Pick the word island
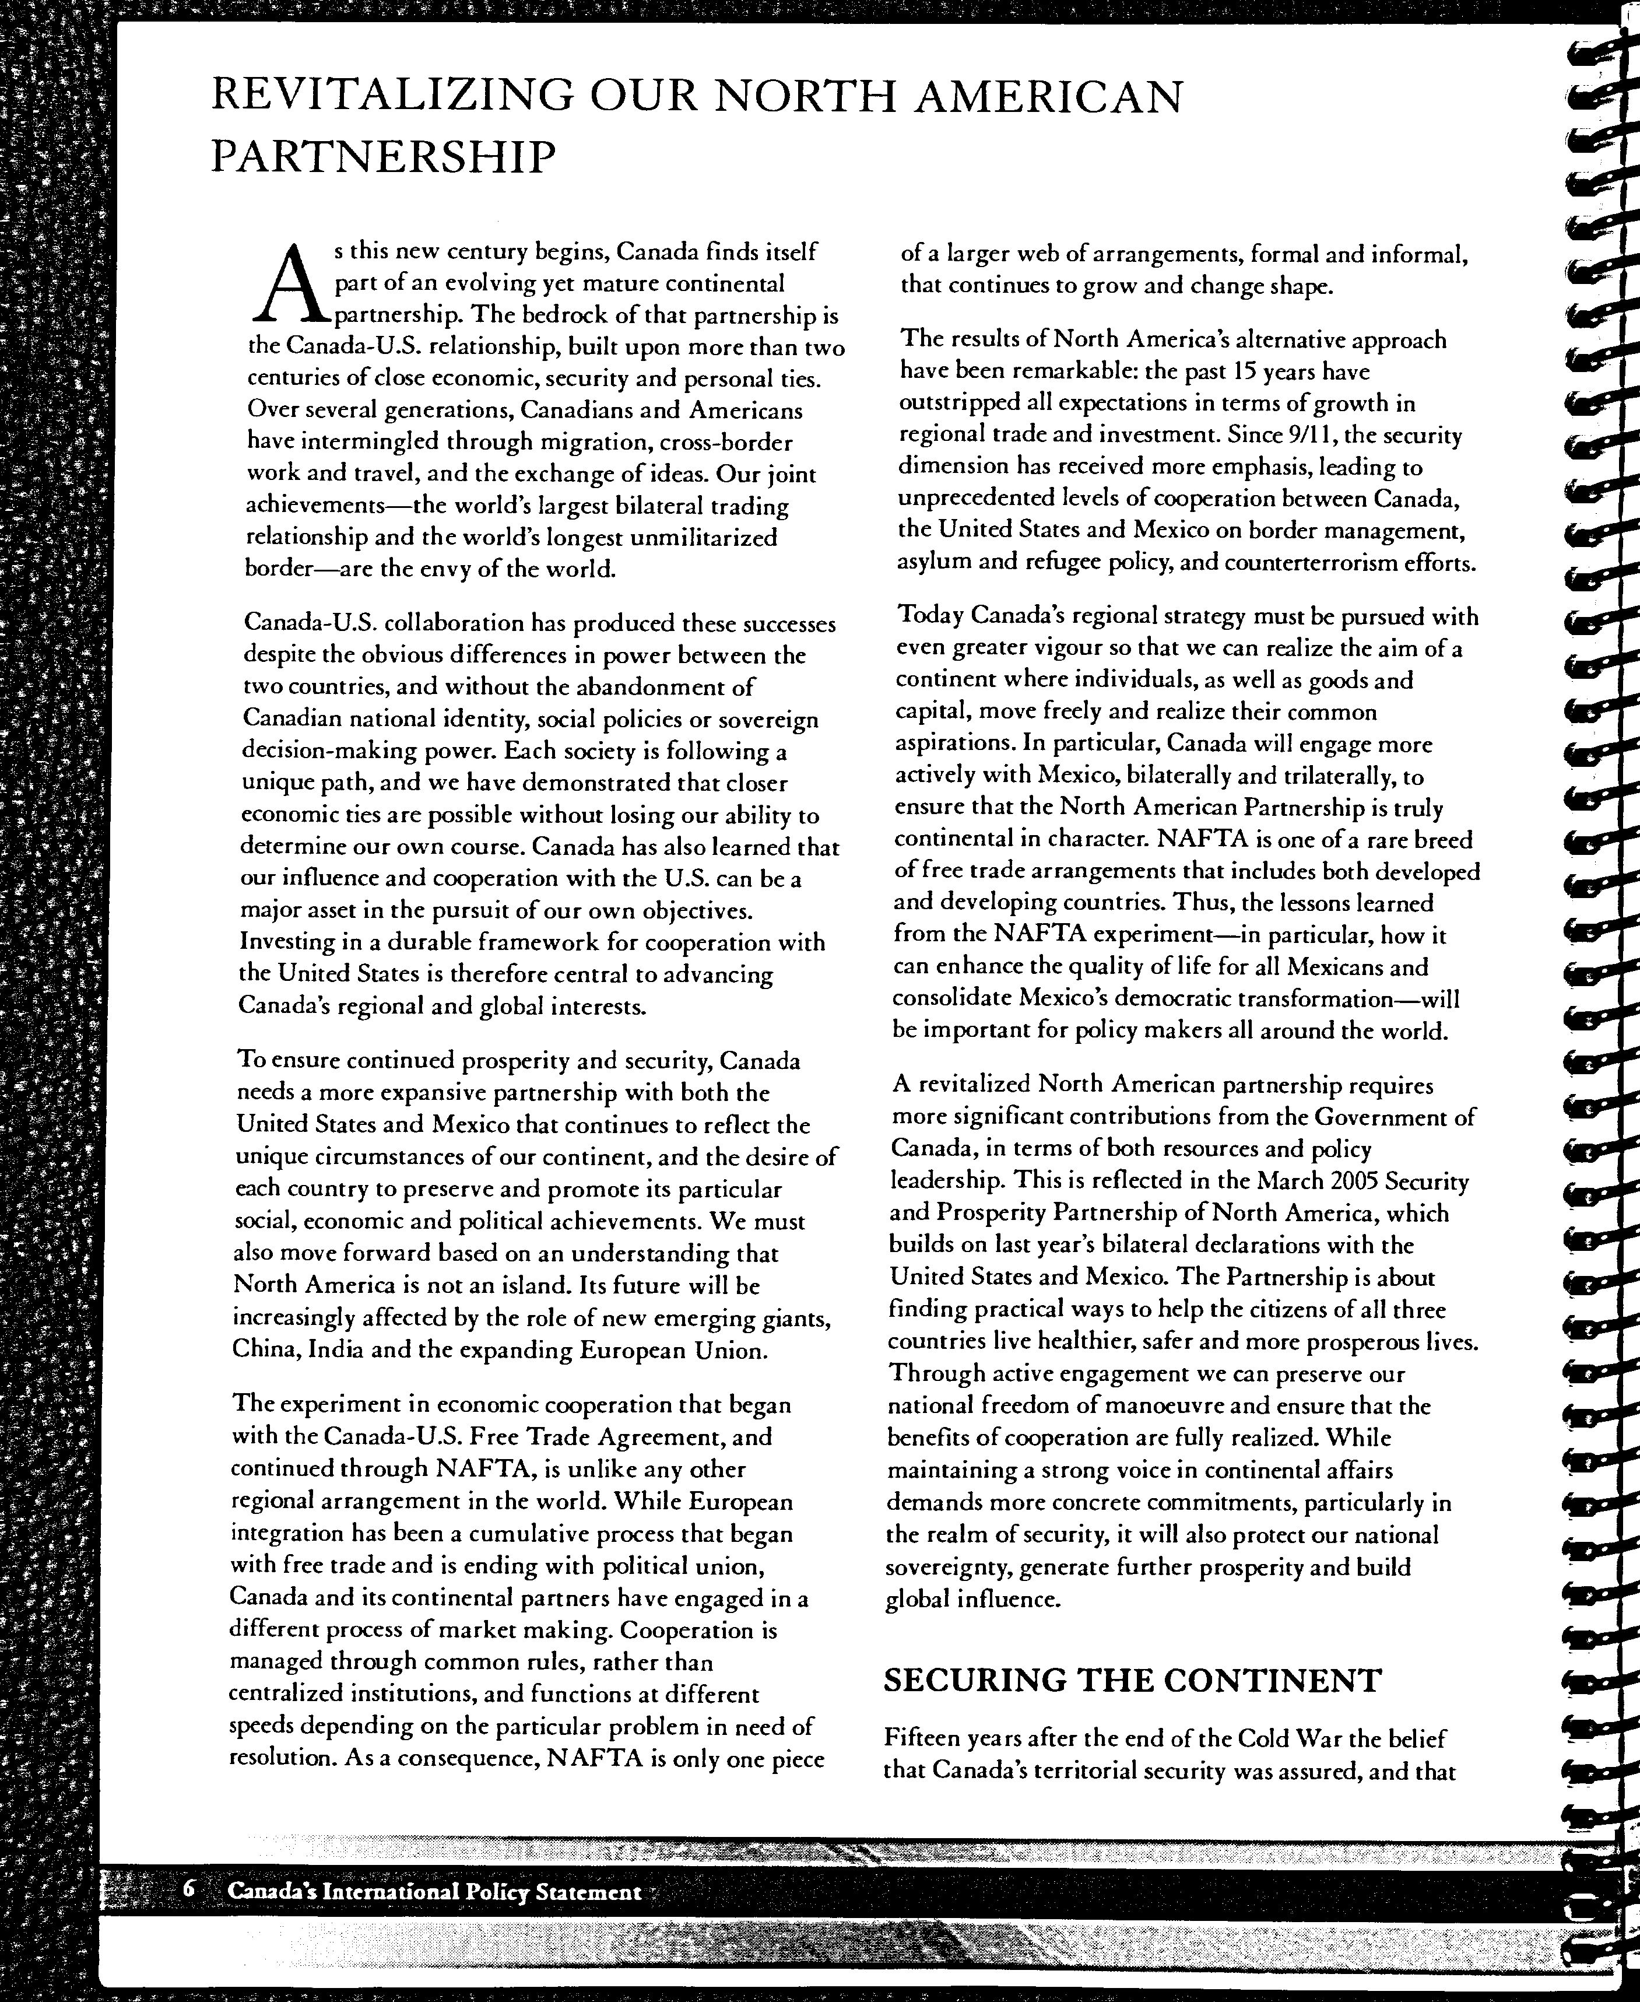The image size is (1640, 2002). pos(507,1286)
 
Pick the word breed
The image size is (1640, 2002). pos(1445,840)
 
